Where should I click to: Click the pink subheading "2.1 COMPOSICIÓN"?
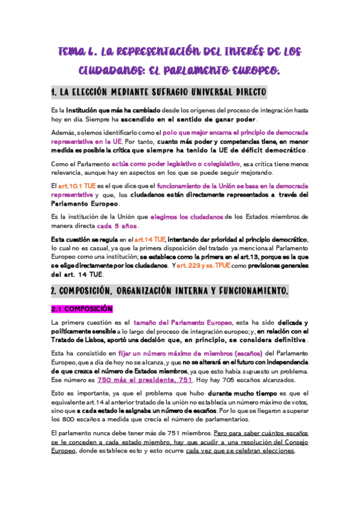point(82,309)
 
